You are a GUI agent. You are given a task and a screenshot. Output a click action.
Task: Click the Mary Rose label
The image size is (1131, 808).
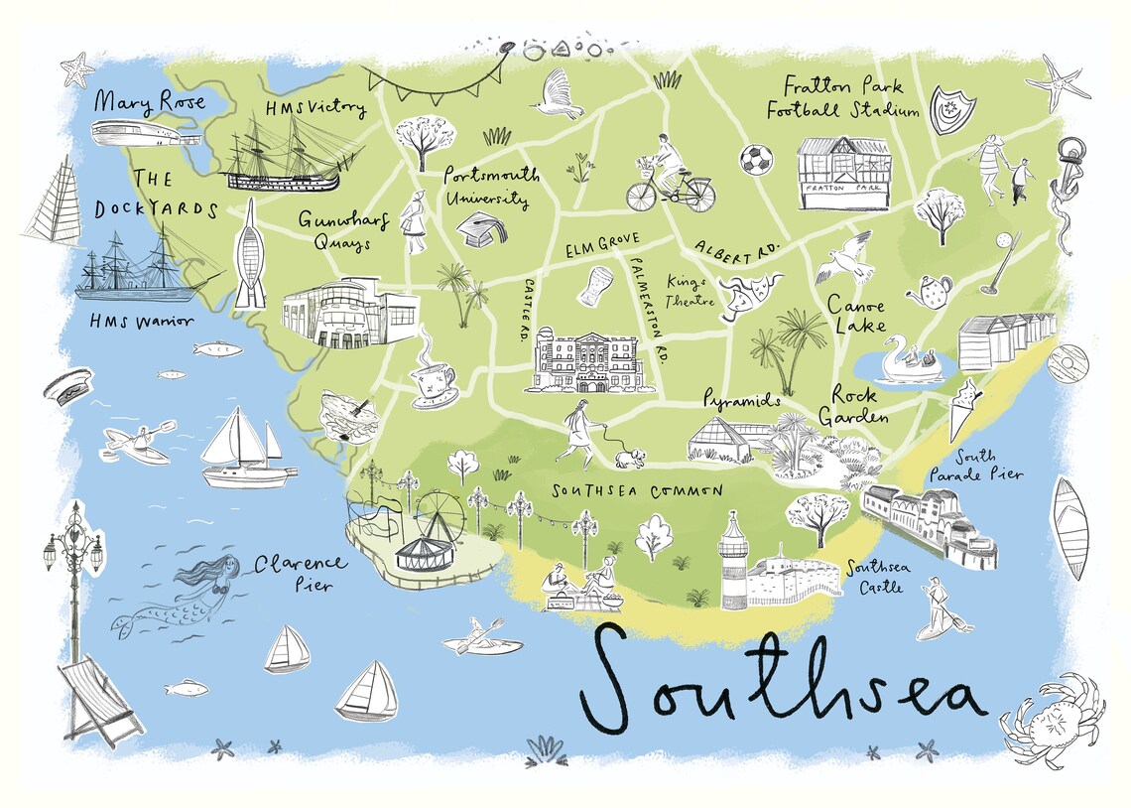pos(150,101)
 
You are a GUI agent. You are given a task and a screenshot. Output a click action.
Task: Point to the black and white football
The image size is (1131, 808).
pos(755,159)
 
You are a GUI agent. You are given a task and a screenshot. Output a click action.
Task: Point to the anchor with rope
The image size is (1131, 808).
pos(1068,190)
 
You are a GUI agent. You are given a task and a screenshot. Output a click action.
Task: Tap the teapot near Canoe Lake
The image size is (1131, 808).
pos(932,292)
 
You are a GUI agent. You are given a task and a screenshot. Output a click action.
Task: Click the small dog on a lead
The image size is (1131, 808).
pos(629,456)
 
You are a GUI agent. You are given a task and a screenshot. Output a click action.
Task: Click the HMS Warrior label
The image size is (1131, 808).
pos(140,321)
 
